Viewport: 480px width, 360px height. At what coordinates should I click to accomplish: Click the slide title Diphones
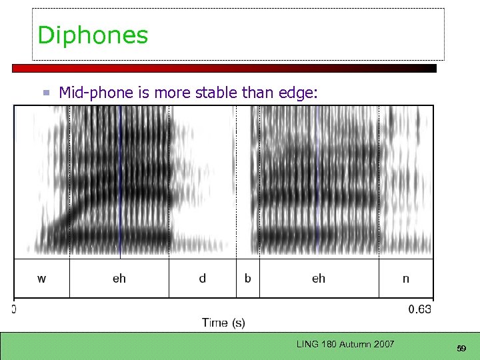[93, 35]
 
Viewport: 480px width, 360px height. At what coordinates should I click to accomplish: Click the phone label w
[42, 279]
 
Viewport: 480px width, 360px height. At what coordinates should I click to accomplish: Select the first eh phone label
[119, 279]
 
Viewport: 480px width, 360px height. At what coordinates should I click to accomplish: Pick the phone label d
[202, 279]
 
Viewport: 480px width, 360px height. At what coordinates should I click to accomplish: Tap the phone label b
[247, 279]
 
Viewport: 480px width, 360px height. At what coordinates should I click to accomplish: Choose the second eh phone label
[319, 279]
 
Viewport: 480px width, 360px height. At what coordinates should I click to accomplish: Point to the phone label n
[405, 279]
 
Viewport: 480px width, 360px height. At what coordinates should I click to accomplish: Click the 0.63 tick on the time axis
[420, 309]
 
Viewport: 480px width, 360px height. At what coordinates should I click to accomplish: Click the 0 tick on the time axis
[14, 309]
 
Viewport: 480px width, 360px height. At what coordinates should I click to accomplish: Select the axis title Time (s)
[223, 323]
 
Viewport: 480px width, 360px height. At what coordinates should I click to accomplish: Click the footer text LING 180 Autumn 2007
[345, 344]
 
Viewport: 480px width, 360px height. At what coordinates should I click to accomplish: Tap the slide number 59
[461, 348]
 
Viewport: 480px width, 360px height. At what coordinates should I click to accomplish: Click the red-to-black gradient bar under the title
[224, 68]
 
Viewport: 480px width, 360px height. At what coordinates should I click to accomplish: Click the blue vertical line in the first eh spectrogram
[120, 180]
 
